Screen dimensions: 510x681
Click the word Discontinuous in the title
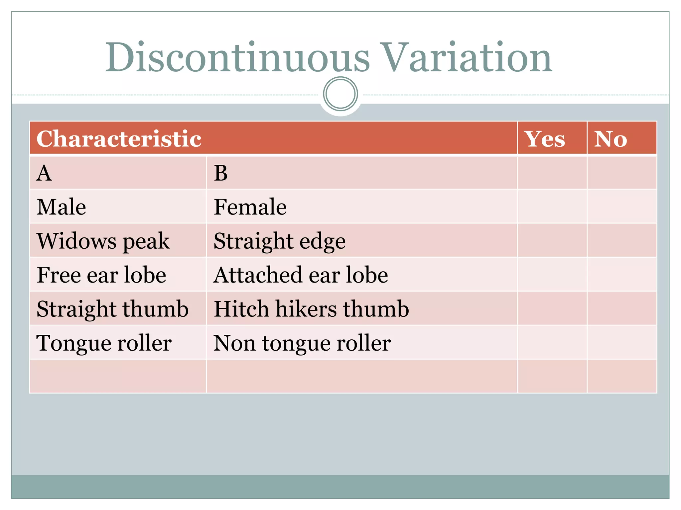coord(237,58)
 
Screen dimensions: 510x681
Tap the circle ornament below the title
coord(340,94)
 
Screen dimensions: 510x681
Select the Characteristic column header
coord(119,138)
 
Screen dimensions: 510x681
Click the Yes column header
coord(544,138)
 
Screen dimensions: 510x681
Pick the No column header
coord(611,138)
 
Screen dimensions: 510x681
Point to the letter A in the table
coord(44,173)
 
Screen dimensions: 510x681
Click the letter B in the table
coord(221,173)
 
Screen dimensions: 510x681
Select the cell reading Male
coord(62,207)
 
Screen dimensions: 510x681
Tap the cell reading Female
coord(250,207)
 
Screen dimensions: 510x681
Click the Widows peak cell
coord(103,241)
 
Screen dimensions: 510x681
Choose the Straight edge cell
coord(279,241)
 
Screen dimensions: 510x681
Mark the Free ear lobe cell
coord(101,275)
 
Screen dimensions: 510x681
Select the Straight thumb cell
coord(112,309)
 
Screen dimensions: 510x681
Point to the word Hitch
coord(241,309)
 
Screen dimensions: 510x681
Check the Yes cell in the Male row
coord(552,207)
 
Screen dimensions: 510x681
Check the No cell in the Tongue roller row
coord(622,342)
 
